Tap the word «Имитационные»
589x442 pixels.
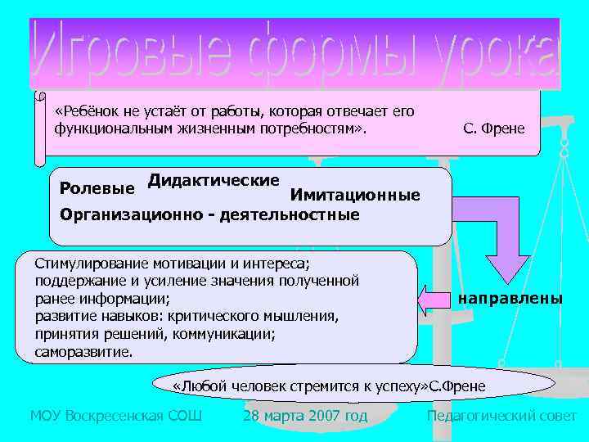point(354,195)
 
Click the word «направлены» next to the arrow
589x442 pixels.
point(510,299)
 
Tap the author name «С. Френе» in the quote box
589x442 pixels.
point(494,129)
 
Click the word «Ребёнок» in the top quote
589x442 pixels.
point(84,111)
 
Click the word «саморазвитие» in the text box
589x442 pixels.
point(83,353)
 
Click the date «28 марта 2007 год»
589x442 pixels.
point(305,416)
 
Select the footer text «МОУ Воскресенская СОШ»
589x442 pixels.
point(115,416)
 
